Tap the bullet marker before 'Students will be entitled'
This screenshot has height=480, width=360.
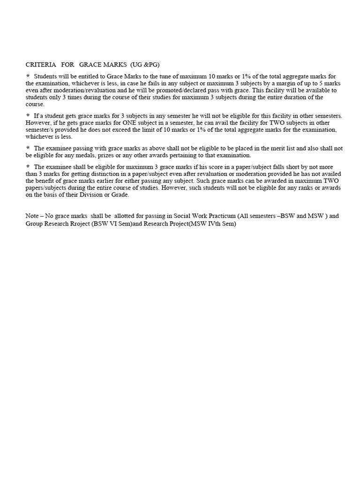click(28, 75)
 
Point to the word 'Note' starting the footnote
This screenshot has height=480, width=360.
click(33, 216)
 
